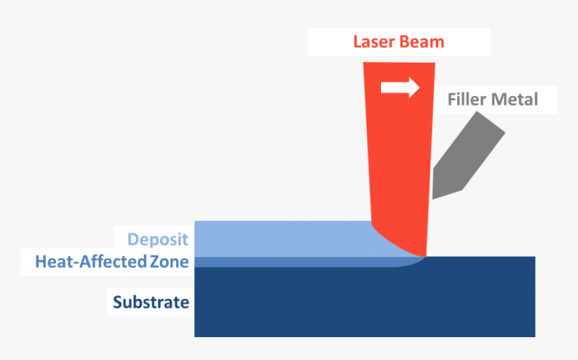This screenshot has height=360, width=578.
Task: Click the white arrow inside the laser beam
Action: pyautogui.click(x=400, y=88)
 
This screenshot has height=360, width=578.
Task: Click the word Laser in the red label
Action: pyautogui.click(x=375, y=42)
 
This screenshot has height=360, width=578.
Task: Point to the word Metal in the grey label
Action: pyautogui.click(x=515, y=99)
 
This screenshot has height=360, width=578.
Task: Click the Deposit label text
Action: pyautogui.click(x=158, y=239)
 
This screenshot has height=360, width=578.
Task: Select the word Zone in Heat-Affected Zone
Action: pyautogui.click(x=168, y=262)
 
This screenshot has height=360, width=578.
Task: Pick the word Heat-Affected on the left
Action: pyautogui.click(x=87, y=262)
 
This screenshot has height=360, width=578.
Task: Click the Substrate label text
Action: pyautogui.click(x=151, y=302)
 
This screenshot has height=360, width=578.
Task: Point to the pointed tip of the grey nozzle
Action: pyautogui.click(x=434, y=196)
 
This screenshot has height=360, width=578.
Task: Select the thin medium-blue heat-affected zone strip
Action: pyautogui.click(x=282, y=262)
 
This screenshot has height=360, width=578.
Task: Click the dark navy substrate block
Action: pyautogui.click(x=363, y=302)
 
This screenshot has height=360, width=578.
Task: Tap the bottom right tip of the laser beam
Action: pyautogui.click(x=425, y=256)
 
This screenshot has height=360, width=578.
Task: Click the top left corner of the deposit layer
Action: pyautogui.click(x=196, y=222)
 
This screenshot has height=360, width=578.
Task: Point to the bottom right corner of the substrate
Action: pyautogui.click(x=534, y=336)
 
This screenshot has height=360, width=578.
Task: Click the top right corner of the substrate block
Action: pyautogui.click(x=534, y=257)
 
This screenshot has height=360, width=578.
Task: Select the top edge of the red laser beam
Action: pyautogui.click(x=399, y=63)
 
